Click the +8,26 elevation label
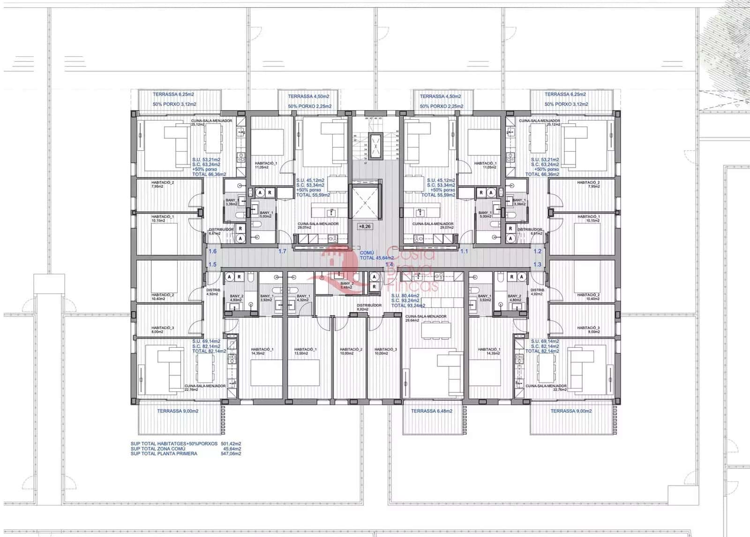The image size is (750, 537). [x=364, y=226]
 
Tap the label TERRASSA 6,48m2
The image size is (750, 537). [x=431, y=411]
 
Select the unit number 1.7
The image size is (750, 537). [x=282, y=252]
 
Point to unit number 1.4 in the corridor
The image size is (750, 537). [x=389, y=265]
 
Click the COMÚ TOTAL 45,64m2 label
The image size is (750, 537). [x=376, y=255]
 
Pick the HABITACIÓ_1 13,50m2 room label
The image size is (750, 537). [x=306, y=351]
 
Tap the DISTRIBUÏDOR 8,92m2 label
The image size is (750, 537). [x=369, y=307]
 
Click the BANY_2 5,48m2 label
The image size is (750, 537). [x=347, y=285]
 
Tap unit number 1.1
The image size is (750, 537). [x=464, y=252]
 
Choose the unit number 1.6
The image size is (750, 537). [x=212, y=252]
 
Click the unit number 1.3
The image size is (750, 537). [x=537, y=265]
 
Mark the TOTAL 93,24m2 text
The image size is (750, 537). [x=408, y=306]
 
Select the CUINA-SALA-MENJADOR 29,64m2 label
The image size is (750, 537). [x=426, y=318]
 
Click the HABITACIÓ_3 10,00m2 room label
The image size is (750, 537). [x=385, y=351]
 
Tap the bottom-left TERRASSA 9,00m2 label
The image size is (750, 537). [x=178, y=411]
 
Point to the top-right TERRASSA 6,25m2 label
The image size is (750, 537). [x=565, y=94]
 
